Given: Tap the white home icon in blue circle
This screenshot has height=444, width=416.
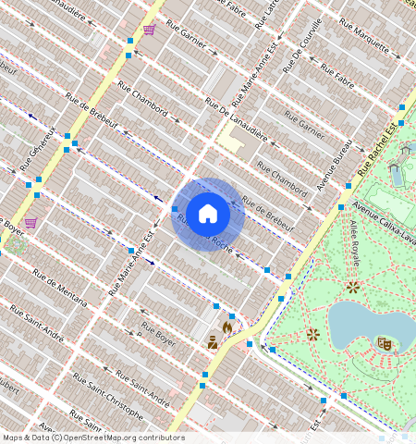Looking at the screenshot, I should coord(208,214).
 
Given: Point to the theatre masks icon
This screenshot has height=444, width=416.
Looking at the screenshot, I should coord(385,343).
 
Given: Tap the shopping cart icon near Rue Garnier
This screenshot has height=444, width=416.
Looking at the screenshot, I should coord(149,29).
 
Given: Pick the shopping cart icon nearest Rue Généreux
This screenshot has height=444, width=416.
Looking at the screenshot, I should coord(31,223).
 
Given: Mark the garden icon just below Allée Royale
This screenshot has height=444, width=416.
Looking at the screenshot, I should coord(353,288).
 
